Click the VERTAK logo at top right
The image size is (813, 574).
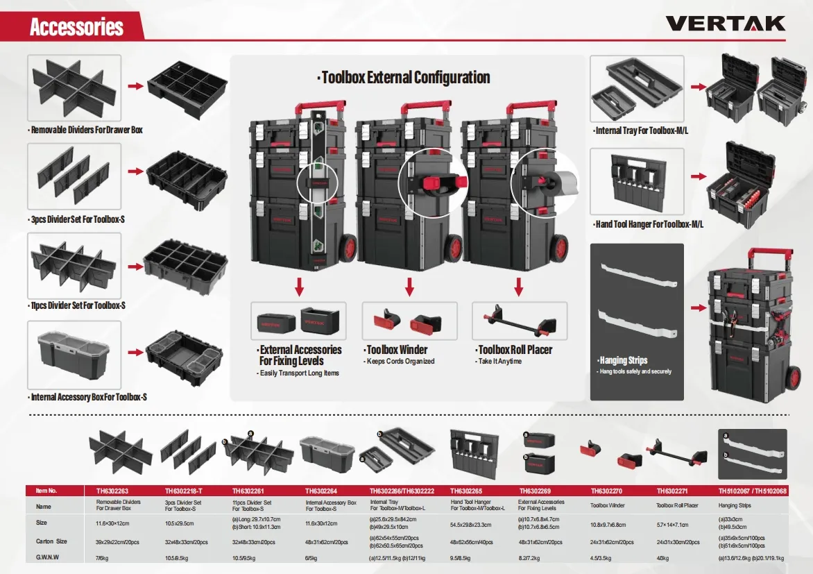[726, 24]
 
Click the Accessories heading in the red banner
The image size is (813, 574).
[76, 28]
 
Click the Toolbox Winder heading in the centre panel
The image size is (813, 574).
[397, 350]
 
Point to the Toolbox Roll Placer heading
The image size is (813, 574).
[515, 350]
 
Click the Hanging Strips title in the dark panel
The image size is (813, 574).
[623, 360]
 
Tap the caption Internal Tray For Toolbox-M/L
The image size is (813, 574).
[639, 130]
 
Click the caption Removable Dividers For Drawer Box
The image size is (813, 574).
[87, 130]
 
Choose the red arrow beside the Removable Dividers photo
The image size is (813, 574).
[135, 86]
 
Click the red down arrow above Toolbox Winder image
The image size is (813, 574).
[409, 286]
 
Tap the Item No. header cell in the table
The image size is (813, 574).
[46, 491]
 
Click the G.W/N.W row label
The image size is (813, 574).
[47, 557]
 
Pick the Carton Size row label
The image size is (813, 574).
[52, 541]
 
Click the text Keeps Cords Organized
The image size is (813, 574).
[400, 362]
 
